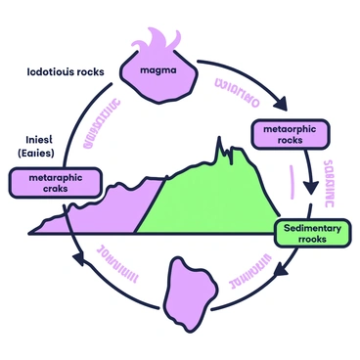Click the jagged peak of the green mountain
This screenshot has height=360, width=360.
(x=228, y=152)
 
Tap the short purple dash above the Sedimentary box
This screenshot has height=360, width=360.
(x=292, y=181)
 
